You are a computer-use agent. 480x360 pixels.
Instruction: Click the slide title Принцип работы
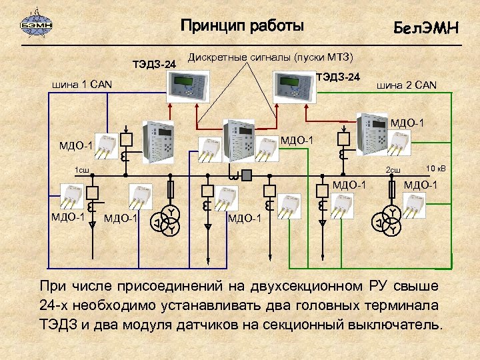[x=242, y=26]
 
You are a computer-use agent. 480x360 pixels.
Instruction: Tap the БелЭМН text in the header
[x=425, y=28]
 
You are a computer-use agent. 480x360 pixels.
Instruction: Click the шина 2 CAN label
[x=407, y=85]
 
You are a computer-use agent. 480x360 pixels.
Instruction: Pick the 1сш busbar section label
[x=82, y=170]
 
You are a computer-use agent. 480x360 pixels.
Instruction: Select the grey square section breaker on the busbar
[x=247, y=175]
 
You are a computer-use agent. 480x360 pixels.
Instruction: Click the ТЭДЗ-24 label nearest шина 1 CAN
[x=155, y=65]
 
